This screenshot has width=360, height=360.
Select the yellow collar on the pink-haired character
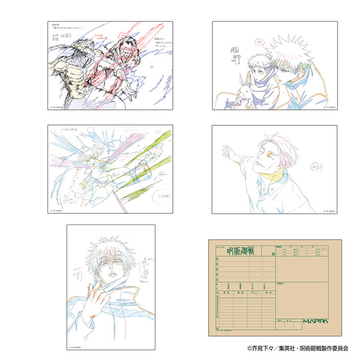(274, 175)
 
